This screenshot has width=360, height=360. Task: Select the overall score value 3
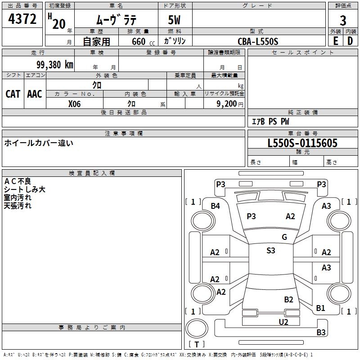coord(343,20)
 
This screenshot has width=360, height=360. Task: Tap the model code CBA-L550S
coord(258,41)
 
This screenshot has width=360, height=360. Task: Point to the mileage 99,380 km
coord(54,64)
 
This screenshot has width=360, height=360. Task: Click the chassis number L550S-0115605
coord(302,143)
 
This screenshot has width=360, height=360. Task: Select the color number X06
coord(74,103)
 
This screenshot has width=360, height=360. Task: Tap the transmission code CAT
coord(13,94)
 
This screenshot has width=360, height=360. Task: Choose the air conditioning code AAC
coord(34,94)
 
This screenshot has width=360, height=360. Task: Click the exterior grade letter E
coord(335,41)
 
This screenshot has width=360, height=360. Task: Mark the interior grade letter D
coord(350,41)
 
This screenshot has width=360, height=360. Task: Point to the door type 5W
coord(175,20)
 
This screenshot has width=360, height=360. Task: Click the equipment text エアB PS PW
coord(270,121)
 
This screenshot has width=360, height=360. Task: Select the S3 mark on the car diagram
coord(270,251)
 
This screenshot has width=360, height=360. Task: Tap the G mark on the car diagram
coord(284,237)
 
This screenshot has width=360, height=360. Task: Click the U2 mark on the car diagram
coord(283,321)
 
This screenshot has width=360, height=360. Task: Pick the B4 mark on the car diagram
coord(216,206)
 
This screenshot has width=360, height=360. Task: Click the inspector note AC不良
coord(18,181)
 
